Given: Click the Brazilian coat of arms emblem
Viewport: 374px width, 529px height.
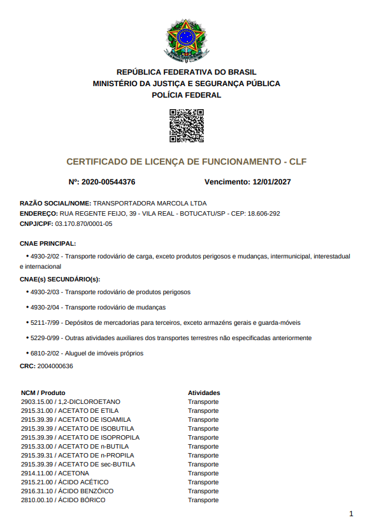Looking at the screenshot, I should [x=186, y=38].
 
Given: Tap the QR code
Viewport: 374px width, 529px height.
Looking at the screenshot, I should [x=186, y=126].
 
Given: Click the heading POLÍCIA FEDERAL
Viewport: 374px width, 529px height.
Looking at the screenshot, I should [x=186, y=95].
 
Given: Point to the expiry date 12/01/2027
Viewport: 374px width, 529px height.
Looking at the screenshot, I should [x=271, y=182].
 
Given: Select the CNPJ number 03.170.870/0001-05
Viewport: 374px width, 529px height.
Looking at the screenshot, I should [x=83, y=223].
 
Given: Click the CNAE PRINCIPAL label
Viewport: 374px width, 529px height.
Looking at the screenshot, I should [x=48, y=244].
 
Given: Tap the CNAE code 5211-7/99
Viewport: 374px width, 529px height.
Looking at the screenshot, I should [x=45, y=322].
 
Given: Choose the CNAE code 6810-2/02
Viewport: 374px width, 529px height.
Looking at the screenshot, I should [x=45, y=353].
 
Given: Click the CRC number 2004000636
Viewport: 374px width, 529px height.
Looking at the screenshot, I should [x=55, y=366].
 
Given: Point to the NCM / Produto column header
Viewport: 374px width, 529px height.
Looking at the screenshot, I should [x=43, y=392].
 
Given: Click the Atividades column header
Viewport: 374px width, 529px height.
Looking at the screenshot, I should [x=204, y=392].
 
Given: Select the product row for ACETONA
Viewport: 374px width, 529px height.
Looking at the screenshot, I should [x=55, y=473].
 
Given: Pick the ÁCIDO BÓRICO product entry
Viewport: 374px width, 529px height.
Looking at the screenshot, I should [x=63, y=500].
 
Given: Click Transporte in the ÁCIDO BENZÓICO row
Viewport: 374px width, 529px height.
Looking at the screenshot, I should [x=203, y=491].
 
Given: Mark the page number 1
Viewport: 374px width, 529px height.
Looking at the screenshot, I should [x=351, y=514].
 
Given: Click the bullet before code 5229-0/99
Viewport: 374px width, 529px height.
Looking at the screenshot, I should [x=27, y=338].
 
